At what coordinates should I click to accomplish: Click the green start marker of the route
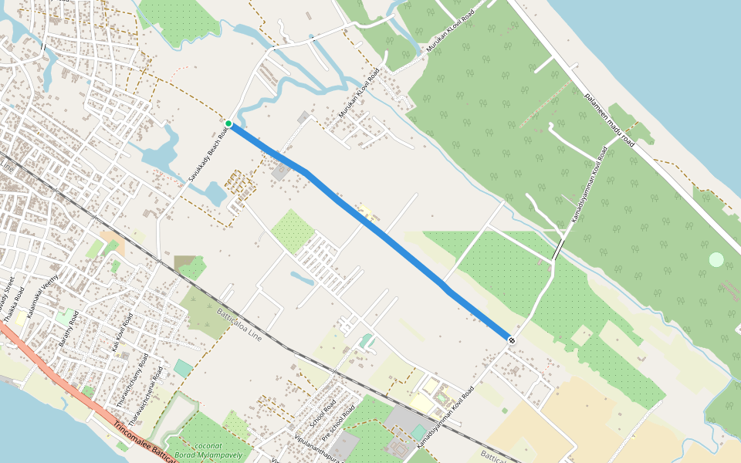[x=228, y=123]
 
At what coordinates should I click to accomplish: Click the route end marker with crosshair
[x=511, y=339]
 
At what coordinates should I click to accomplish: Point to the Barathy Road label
[x=67, y=330]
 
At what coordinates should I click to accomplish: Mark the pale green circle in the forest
[x=716, y=260]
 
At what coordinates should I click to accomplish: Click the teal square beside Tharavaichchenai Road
[x=183, y=368]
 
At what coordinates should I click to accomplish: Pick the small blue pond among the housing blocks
[x=302, y=279]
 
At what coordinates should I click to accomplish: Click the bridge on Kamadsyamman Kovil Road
[x=558, y=248]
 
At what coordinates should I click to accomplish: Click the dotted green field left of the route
[x=293, y=230]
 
